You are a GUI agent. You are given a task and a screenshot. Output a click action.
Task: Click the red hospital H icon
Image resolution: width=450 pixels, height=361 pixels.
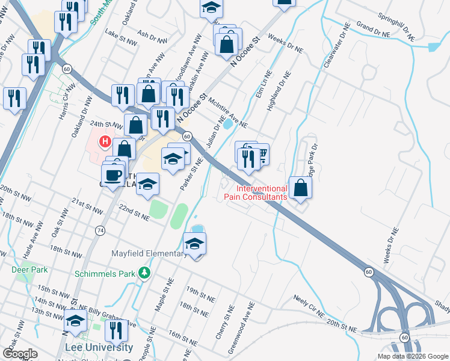tap(105, 142)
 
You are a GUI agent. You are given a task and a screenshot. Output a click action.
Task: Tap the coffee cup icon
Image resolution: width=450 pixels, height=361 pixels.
tap(113, 175)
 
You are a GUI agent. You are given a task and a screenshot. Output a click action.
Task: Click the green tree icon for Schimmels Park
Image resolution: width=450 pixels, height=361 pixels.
tap(144, 274)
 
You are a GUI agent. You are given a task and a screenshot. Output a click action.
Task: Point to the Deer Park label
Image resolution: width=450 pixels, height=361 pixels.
tap(29, 270)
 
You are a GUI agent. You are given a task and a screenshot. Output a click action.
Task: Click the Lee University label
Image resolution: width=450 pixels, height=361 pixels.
tap(99, 348)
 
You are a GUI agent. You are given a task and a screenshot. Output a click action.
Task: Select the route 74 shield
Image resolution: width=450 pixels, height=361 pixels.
tap(100, 230)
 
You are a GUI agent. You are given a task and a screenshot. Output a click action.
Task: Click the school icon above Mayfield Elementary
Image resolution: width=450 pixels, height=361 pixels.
tap(195, 244)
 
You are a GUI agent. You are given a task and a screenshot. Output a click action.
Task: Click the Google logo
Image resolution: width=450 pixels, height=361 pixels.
tap(20, 354)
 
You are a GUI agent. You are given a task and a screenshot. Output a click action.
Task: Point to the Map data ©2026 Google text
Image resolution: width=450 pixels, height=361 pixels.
tap(412, 356)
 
